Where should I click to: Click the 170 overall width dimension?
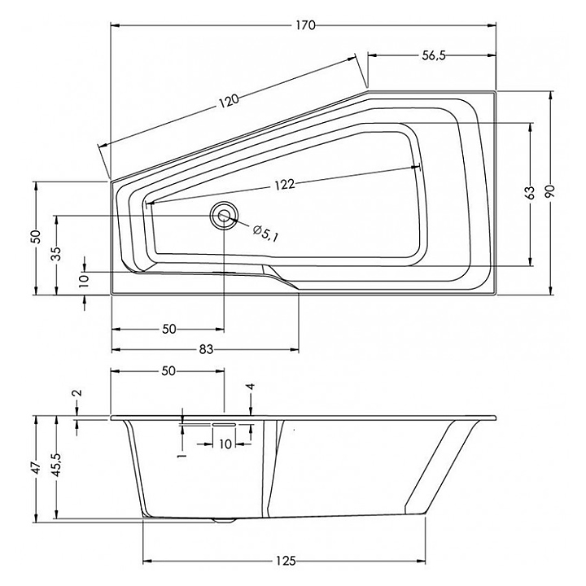(x=306, y=25)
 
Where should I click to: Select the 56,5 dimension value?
(x=434, y=55)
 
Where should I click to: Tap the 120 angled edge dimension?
(x=228, y=101)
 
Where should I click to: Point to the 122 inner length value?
(x=285, y=184)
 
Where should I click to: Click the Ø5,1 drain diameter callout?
(x=265, y=234)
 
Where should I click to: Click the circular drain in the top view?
(x=224, y=215)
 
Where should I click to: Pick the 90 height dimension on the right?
(x=550, y=191)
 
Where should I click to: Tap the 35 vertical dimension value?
(x=56, y=254)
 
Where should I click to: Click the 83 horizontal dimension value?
(x=206, y=349)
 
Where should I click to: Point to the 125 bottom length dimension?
(x=286, y=561)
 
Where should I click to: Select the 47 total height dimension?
(x=36, y=468)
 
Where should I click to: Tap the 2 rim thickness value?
(x=77, y=392)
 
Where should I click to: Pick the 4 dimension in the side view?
(x=251, y=387)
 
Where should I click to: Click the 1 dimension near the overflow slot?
(x=182, y=456)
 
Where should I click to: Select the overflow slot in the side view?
(x=224, y=425)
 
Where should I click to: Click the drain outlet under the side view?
(x=224, y=519)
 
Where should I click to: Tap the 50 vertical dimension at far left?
(x=36, y=236)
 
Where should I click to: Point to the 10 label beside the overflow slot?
(x=225, y=444)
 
